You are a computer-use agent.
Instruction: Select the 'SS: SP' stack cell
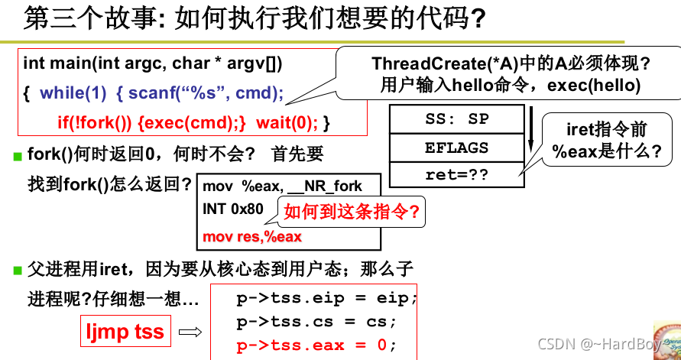pos(456,120)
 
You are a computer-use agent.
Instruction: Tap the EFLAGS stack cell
pos(456,148)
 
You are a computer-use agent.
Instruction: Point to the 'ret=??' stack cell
pos(456,175)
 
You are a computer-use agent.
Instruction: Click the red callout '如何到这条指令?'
pos(352,212)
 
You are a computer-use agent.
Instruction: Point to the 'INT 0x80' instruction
pos(233,209)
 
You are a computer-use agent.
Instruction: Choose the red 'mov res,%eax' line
pos(252,236)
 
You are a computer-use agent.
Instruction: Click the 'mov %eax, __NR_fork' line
pos(282,186)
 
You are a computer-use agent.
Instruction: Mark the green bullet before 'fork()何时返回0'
pos(18,157)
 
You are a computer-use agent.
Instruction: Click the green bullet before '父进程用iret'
pos(18,270)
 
